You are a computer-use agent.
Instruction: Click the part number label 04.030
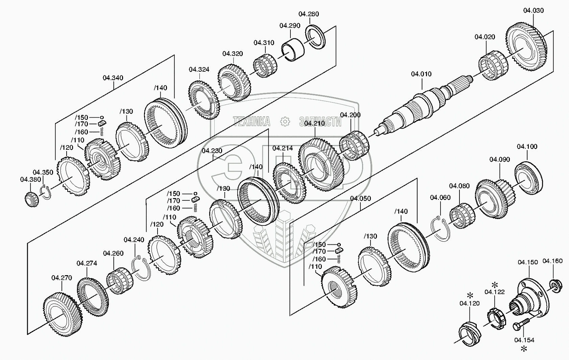[x=534, y=10]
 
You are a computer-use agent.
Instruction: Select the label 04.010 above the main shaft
[x=421, y=74]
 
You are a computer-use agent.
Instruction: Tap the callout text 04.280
[x=308, y=14]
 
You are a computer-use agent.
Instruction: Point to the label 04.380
[x=30, y=179]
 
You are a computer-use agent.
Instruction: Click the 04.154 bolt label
[x=524, y=340]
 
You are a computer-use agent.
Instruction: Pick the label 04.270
[x=62, y=278]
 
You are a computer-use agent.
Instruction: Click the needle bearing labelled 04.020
[x=493, y=65]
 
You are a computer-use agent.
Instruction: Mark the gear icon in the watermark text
[x=285, y=122]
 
